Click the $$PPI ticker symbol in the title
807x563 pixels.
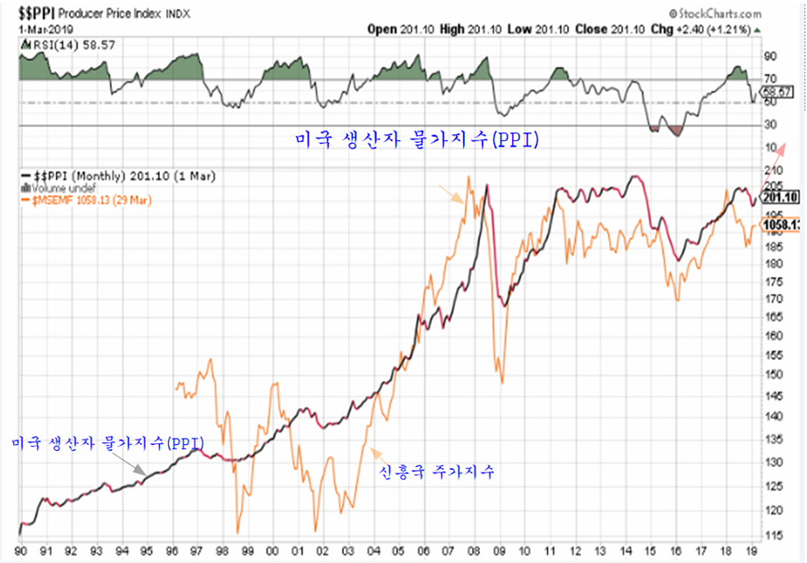35,13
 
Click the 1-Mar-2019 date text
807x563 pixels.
39,28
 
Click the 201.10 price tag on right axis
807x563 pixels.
783,197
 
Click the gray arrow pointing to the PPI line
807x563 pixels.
134,466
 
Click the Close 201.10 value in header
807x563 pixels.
603,28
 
